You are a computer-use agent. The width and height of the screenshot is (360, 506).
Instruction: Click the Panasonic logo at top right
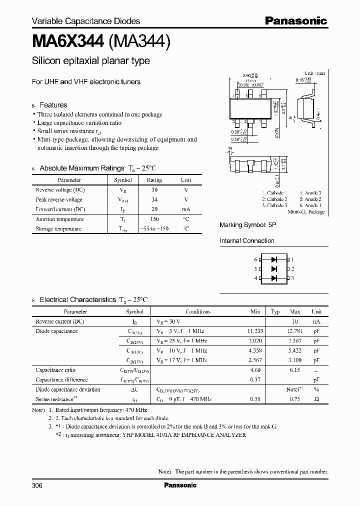295,20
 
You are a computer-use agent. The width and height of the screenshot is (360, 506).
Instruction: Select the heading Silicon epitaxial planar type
90,61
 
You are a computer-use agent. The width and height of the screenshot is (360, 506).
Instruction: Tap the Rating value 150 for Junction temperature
154,219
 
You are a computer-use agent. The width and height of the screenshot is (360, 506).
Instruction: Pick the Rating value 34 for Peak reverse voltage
154,199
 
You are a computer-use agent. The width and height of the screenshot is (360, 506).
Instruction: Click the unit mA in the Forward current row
185,209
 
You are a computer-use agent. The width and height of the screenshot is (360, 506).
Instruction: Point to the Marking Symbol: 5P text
247,225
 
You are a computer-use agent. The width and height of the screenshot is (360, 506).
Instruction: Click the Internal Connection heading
247,241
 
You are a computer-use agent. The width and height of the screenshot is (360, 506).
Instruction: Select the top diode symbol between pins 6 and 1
273,259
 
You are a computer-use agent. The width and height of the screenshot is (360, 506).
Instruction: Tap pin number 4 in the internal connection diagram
256,278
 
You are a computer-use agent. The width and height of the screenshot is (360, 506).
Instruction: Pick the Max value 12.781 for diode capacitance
295,331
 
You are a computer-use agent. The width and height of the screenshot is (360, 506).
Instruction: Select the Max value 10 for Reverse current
295,321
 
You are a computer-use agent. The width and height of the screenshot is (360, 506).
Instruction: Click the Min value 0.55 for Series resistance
255,399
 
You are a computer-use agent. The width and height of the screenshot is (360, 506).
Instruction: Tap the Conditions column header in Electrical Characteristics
198,311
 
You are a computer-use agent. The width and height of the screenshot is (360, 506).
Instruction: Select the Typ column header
275,311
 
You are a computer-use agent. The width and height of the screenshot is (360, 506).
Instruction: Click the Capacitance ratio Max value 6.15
295,370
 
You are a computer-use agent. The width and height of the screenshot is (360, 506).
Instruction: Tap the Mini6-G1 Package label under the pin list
306,212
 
